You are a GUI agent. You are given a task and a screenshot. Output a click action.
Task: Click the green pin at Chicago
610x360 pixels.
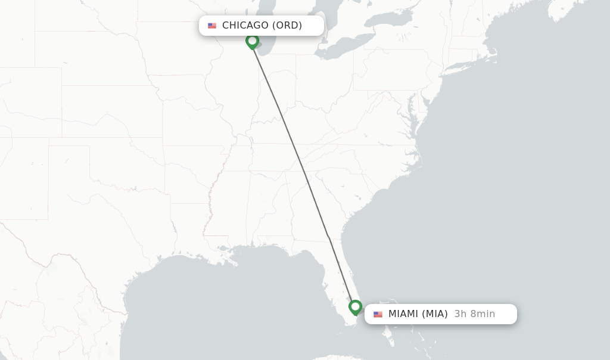[252, 41]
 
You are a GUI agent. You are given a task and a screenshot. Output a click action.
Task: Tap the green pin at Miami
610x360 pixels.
[356, 307]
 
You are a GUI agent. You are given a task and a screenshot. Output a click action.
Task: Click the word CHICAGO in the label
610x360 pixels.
[245, 25]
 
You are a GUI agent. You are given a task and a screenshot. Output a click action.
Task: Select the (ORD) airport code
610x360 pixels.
[287, 25]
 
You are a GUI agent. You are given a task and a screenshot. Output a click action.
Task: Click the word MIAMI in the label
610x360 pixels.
[403, 314]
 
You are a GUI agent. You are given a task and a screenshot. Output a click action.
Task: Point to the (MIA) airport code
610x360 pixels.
[435, 314]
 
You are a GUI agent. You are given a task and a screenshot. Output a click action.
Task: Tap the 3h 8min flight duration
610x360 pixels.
[474, 314]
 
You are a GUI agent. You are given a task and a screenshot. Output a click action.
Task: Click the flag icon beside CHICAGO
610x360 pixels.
[212, 26]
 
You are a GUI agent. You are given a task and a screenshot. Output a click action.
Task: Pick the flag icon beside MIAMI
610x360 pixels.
[378, 314]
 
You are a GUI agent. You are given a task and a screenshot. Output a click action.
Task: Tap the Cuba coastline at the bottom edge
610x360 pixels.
[334, 358]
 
